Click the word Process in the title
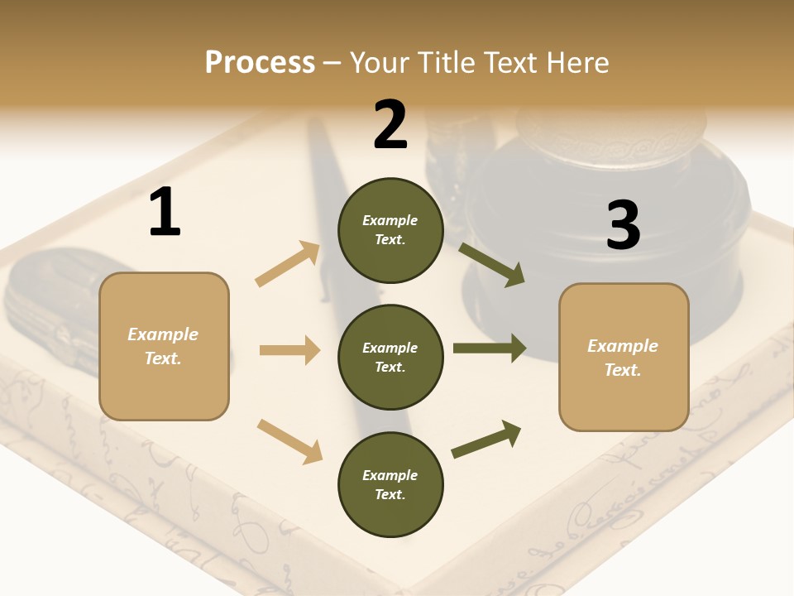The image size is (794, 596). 260,63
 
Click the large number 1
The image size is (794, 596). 165,213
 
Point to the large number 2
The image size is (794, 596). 390,125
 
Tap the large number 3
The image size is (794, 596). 624,225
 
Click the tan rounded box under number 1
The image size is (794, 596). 164,346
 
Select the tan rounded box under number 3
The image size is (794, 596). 624,358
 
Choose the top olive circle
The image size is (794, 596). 390,230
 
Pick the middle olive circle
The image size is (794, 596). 390,357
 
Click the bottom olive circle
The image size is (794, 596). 390,484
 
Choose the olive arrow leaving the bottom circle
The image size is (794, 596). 486,440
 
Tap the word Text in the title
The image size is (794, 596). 514,63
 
